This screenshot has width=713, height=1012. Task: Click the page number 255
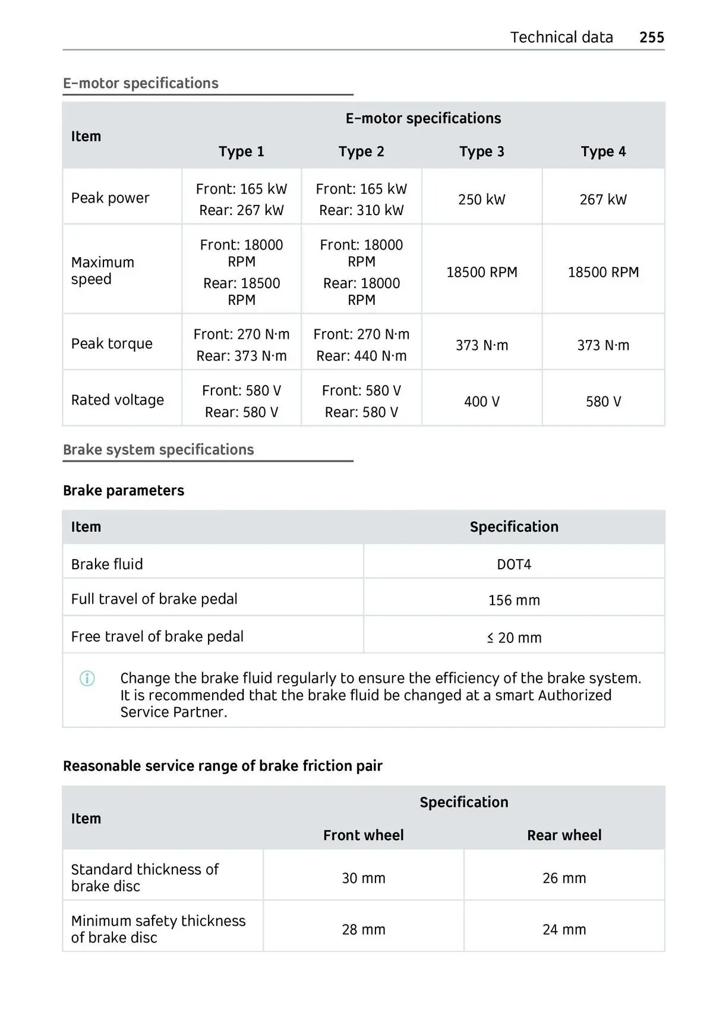point(651,37)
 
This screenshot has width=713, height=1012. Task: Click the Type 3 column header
point(481,152)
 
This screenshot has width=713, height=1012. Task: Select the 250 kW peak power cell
point(481,200)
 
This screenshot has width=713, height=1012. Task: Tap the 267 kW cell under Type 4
point(603,200)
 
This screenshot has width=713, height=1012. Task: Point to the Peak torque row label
point(112,343)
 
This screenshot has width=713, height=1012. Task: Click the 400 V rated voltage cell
point(481,402)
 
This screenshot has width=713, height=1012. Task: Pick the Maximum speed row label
point(103,271)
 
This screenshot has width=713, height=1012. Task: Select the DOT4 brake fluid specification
point(514,565)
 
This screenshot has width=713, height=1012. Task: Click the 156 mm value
point(514,600)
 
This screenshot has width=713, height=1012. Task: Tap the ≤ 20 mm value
point(514,638)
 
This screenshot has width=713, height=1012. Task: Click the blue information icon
point(87,679)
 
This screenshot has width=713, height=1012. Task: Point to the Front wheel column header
point(363,836)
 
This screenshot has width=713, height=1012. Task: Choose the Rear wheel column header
point(564,836)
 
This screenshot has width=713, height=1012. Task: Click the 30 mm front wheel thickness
point(363,878)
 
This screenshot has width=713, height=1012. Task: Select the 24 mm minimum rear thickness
point(564,929)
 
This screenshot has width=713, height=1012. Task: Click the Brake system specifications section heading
point(159,450)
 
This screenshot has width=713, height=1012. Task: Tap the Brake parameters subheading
point(124,491)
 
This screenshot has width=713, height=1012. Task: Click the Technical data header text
point(561,37)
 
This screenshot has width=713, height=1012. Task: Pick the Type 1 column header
point(241,152)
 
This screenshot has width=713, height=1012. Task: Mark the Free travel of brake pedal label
point(157,636)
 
